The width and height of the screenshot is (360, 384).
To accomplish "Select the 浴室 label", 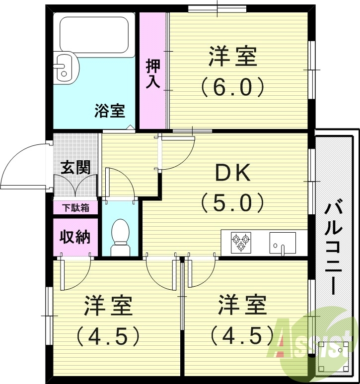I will pos(109,111).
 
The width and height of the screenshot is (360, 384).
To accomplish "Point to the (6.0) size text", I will pos(232,87).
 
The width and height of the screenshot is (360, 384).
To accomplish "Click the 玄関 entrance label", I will pos(75,167).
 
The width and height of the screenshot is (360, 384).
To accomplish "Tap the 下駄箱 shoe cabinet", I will pos(76,208).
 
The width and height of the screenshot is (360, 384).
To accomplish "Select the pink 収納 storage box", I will pos(75,237).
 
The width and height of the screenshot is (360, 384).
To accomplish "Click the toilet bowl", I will pos(120,235).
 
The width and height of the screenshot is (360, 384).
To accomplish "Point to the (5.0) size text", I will pos(231,202).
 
